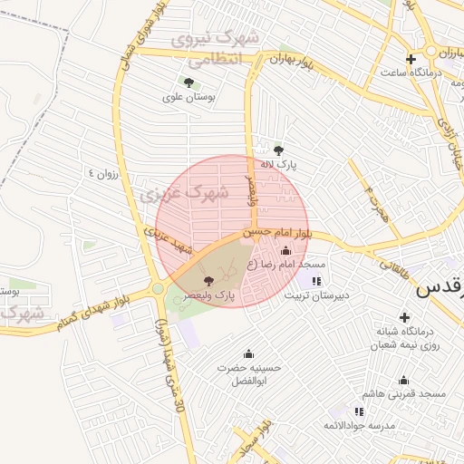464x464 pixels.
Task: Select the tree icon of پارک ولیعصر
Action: (x=209, y=281)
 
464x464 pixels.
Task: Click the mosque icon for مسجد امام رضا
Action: (x=286, y=250)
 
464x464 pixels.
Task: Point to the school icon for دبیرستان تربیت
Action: (x=316, y=281)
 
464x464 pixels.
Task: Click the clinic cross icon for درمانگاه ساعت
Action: (x=411, y=59)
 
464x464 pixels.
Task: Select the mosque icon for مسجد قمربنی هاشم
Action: (x=403, y=380)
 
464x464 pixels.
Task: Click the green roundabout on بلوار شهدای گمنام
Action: (x=158, y=289)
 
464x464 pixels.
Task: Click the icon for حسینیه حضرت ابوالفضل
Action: (x=249, y=353)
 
